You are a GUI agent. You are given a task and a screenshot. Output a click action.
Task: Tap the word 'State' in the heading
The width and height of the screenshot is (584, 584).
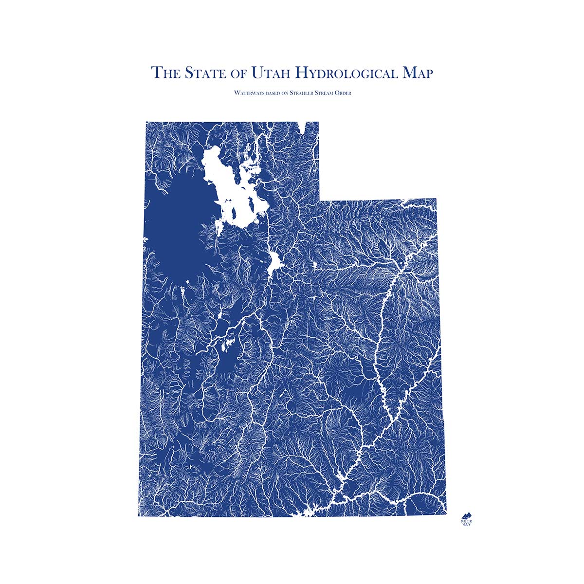[200, 73]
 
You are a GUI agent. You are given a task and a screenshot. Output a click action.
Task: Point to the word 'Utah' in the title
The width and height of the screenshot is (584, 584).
[269, 73]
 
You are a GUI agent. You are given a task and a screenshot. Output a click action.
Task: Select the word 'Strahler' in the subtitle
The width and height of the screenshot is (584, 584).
[302, 92]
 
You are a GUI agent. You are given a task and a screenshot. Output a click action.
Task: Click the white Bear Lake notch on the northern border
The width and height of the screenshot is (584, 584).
[305, 126]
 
